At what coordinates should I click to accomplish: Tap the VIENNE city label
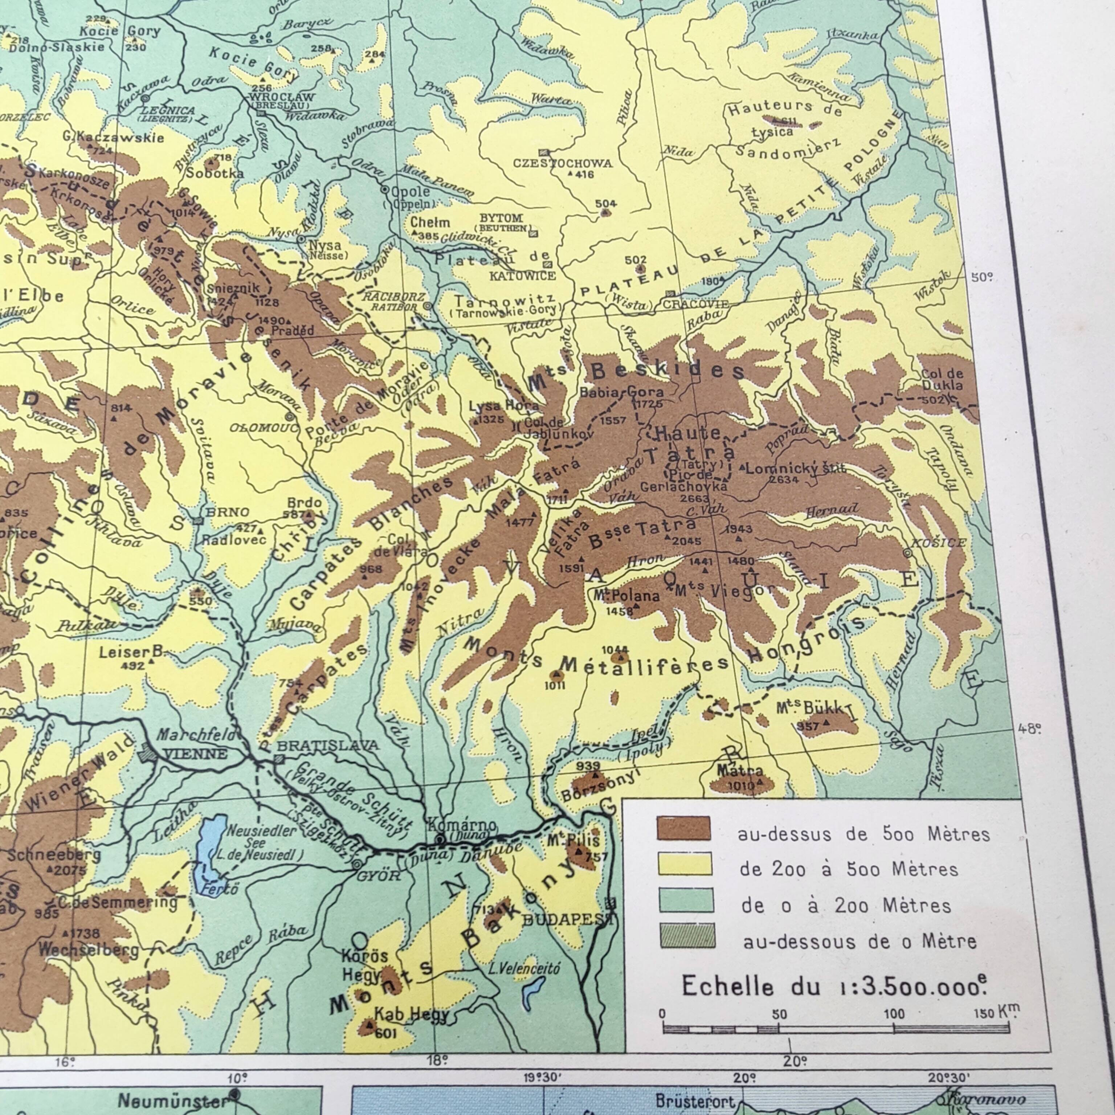195,754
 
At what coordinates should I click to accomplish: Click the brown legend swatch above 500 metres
684,828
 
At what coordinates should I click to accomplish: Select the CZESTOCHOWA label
563,163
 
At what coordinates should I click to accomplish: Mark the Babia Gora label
621,392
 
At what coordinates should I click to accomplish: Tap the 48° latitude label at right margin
1030,728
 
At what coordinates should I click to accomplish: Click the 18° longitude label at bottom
437,1060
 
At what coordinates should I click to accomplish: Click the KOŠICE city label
938,543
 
